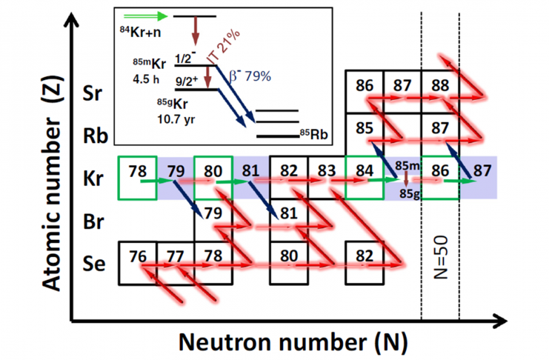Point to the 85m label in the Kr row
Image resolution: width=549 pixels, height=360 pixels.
coord(407,166)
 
